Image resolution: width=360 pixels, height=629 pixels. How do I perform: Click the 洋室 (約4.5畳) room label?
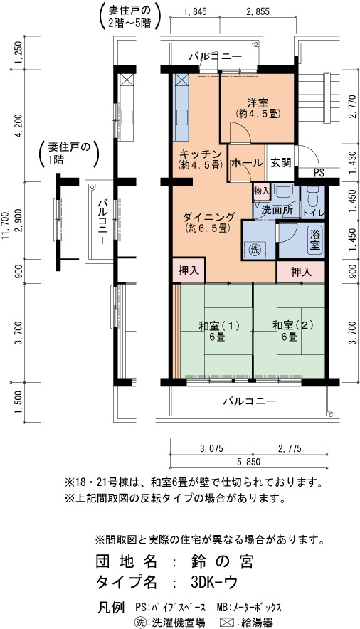coord(258,108)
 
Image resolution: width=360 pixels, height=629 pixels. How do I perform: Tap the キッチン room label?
coord(200,154)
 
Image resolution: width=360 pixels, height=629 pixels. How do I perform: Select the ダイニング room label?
coord(208,217)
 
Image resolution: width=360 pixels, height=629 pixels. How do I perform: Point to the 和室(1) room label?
coord(219,325)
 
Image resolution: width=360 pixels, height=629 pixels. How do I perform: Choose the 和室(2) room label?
coord(292,325)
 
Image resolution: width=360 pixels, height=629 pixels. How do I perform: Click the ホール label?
coord(247,163)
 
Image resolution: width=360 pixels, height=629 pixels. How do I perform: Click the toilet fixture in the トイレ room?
coord(312,195)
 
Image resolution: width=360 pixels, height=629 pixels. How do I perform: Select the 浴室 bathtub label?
coord(315,240)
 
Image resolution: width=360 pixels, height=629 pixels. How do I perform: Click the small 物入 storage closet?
coord(262,191)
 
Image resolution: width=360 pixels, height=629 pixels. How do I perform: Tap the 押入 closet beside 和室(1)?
coord(189,271)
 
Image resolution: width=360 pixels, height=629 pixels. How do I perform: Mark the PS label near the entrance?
coord(319,173)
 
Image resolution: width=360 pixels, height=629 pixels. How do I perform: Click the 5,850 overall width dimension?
coord(248,462)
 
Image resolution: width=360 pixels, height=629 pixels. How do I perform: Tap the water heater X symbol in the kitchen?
coord(181,80)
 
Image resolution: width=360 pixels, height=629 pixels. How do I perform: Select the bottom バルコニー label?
coord(250,401)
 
